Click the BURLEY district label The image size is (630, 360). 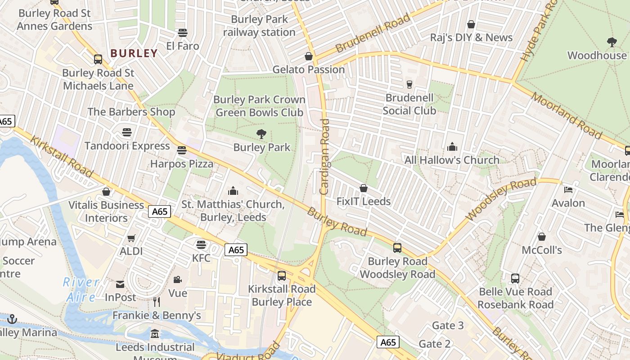click(134, 53)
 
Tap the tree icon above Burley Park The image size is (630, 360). click(261, 134)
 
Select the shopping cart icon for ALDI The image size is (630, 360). click(131, 238)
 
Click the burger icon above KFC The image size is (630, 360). click(201, 244)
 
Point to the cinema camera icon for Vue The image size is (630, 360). click(178, 279)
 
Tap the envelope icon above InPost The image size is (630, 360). click(120, 284)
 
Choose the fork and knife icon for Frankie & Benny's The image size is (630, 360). click(157, 301)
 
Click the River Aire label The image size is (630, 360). click(81, 289)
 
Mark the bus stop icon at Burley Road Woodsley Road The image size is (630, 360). click(397, 247)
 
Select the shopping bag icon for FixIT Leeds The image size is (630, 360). click(364, 188)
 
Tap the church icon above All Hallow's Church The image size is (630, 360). click(452, 147)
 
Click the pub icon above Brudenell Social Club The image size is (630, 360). click(409, 84)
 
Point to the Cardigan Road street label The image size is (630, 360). click(324, 156)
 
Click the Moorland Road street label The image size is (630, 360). click(566, 115)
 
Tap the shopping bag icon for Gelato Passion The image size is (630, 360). click(309, 56)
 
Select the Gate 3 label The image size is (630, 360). click(447, 325)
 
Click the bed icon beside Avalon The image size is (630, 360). click(568, 189)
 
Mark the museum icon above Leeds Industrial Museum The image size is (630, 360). click(155, 334)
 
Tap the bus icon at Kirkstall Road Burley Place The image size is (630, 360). click(282, 275)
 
